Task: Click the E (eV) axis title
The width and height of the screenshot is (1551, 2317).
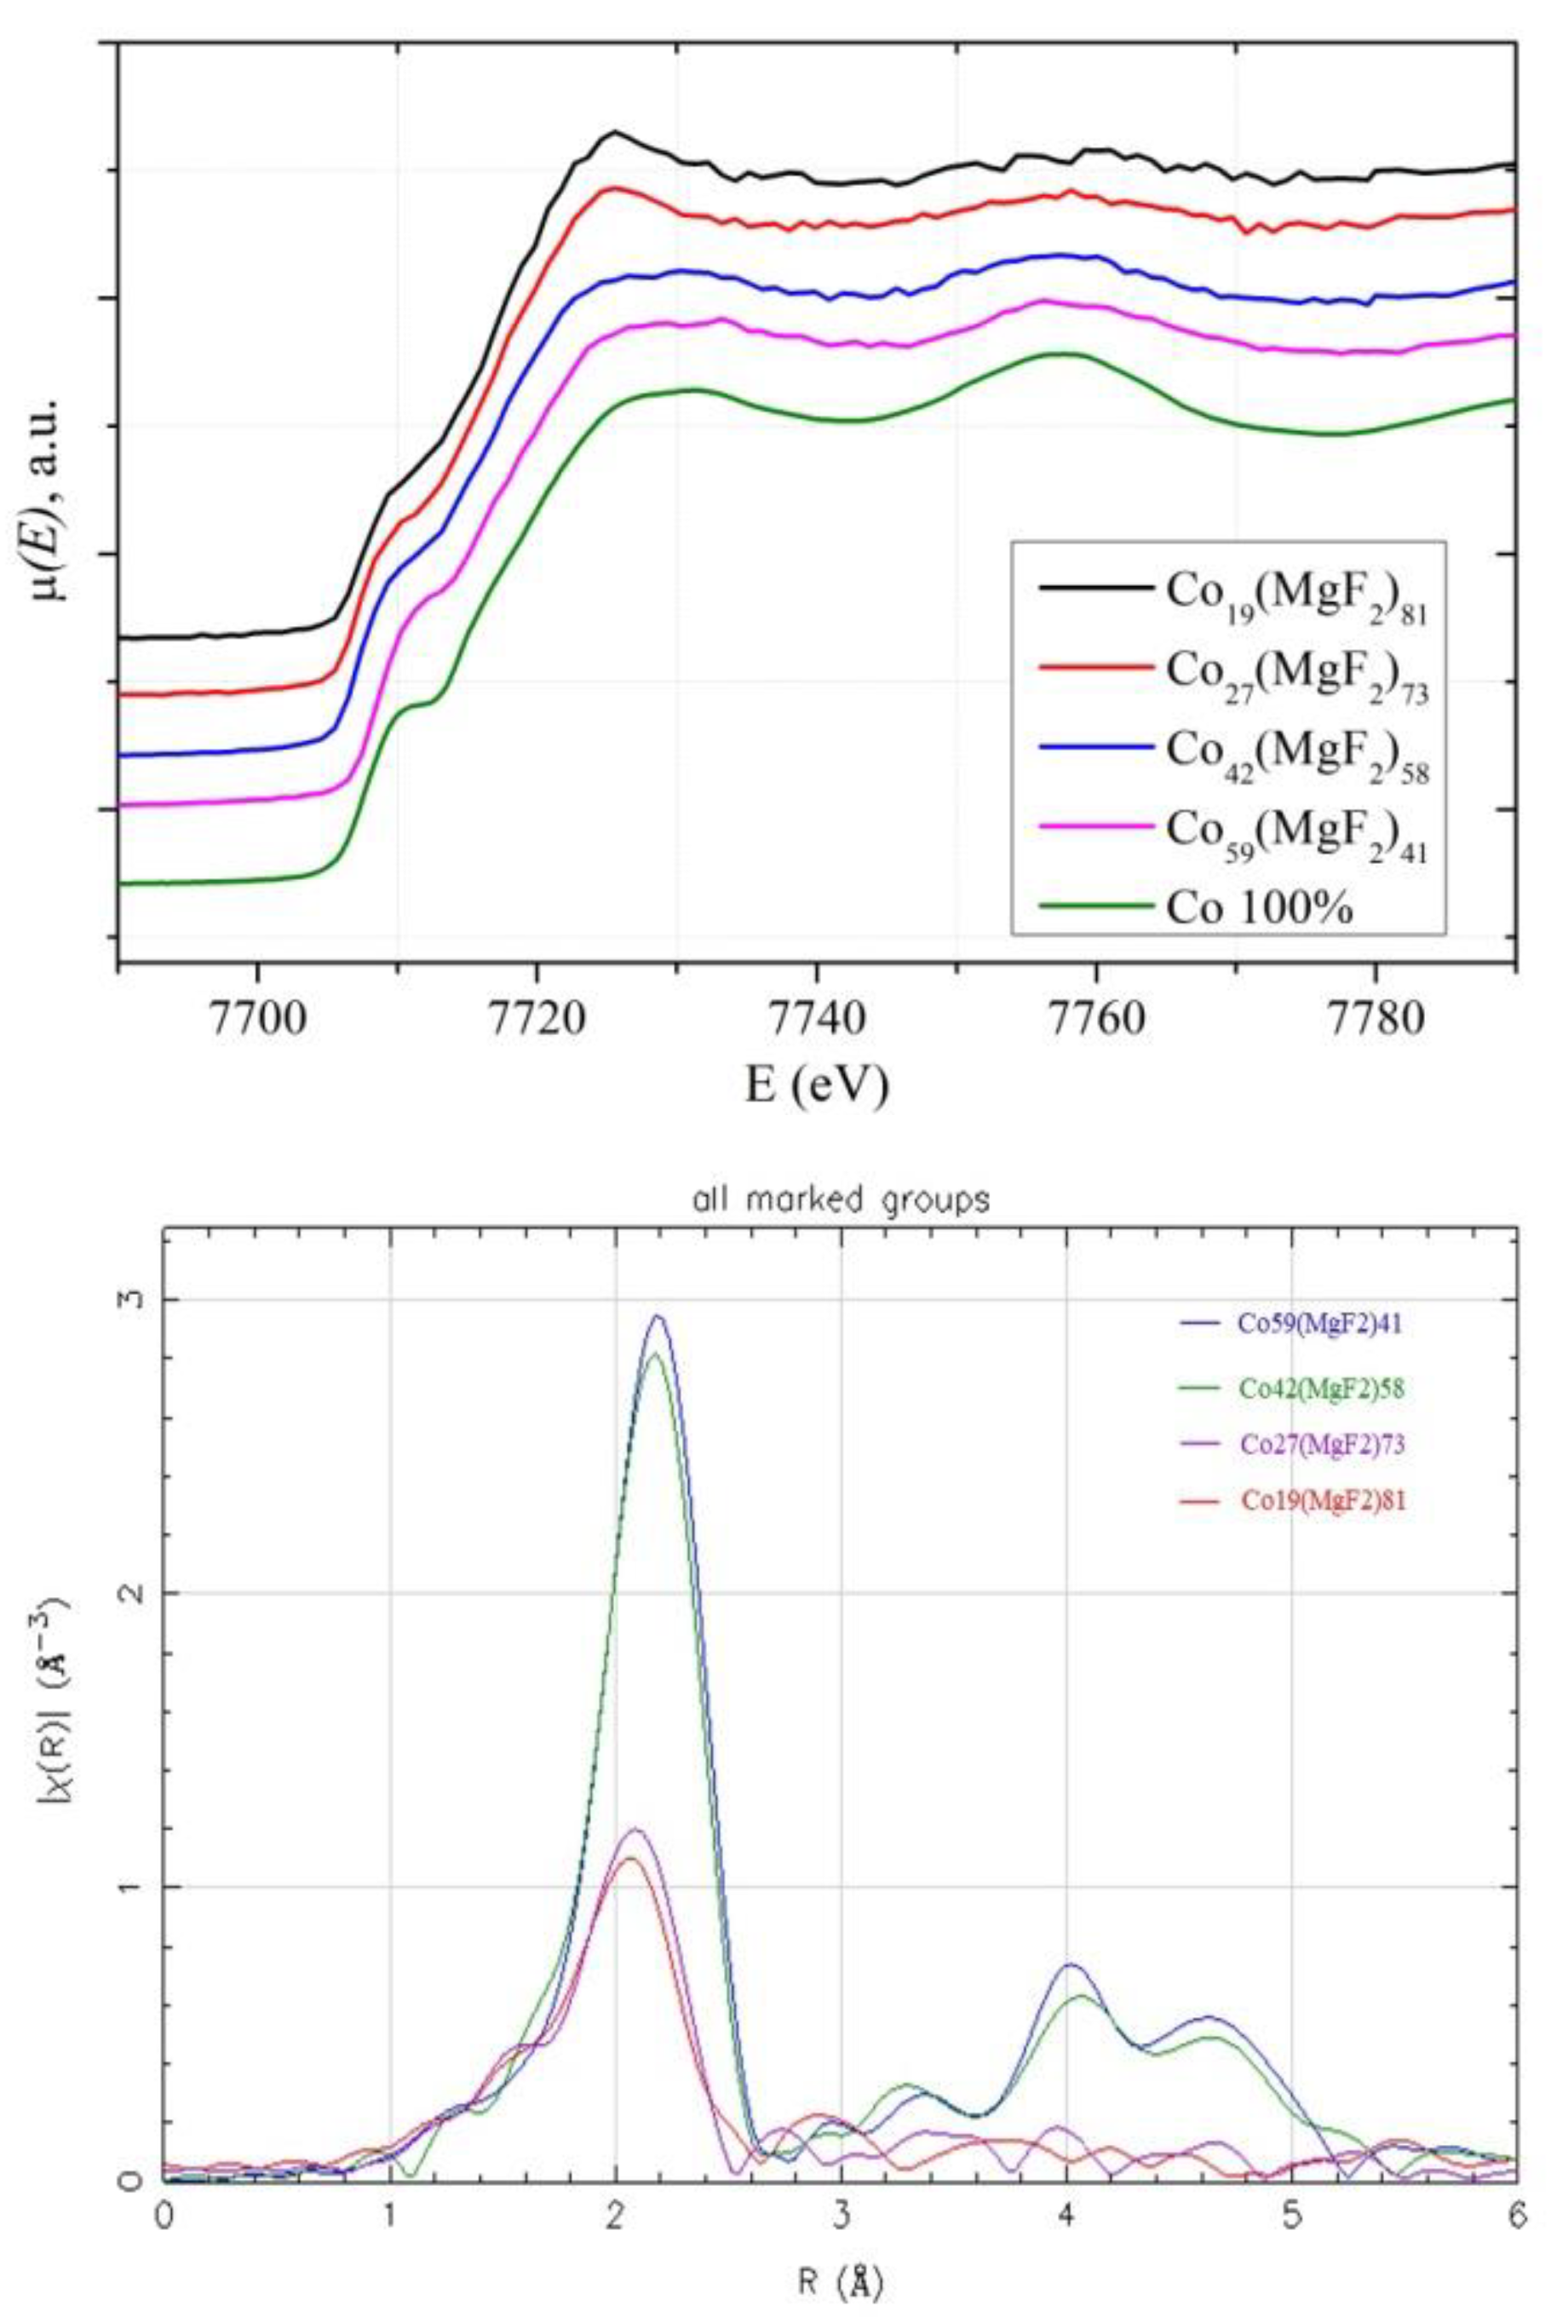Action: pyautogui.click(x=817, y=1084)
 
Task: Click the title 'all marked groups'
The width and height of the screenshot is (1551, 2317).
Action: pyautogui.click(x=841, y=1201)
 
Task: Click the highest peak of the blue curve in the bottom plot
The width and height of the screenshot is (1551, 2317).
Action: pyautogui.click(x=657, y=1317)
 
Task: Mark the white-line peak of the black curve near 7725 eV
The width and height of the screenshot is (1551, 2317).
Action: pyautogui.click(x=614, y=131)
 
